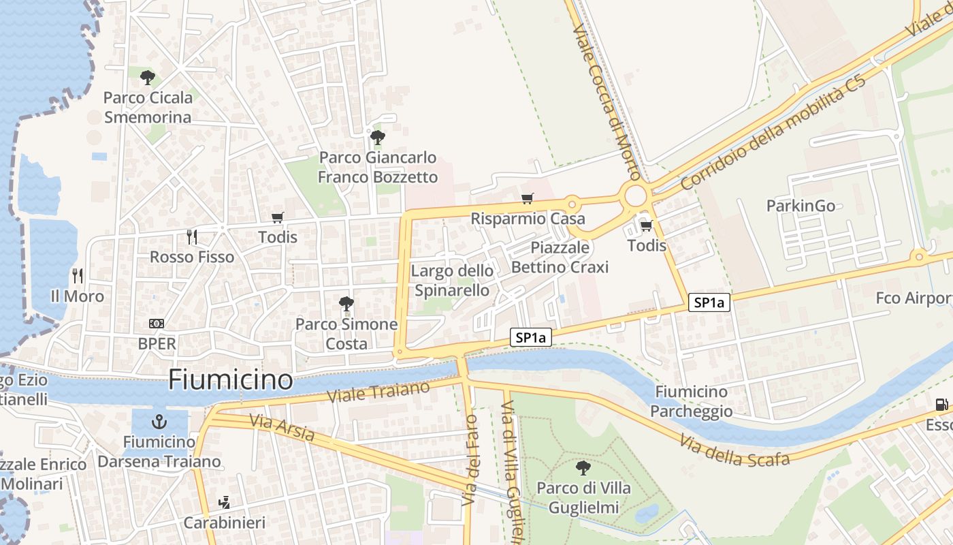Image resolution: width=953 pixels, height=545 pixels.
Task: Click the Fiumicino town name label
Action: tap(230, 379)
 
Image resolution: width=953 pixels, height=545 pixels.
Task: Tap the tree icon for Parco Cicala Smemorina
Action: tap(147, 78)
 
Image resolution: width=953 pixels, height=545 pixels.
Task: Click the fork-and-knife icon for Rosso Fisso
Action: tap(192, 237)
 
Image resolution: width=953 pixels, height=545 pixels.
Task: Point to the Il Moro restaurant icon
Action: tap(78, 276)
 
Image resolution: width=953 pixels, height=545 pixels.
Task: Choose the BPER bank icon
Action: tap(157, 324)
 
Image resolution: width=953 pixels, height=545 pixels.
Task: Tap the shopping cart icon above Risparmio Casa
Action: tap(528, 199)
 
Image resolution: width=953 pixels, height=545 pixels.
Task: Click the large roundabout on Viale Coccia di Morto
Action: tap(635, 196)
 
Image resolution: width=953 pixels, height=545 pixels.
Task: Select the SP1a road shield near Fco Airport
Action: tap(709, 302)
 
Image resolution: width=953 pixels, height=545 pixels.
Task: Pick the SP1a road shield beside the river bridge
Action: tap(530, 337)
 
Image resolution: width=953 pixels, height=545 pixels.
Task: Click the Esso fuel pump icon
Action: tap(942, 405)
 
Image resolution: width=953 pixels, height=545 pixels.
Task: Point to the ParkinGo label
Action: tap(801, 206)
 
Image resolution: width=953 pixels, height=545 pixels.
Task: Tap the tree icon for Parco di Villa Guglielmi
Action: tap(583, 468)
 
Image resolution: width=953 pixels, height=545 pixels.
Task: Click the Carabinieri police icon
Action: tap(224, 503)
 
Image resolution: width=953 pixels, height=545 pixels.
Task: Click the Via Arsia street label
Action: tap(282, 427)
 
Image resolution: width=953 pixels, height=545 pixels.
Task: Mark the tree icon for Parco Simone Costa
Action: tap(346, 304)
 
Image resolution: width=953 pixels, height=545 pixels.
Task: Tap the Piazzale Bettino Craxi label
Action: tap(560, 258)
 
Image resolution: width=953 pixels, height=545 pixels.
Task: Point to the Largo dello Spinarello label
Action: tap(452, 281)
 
